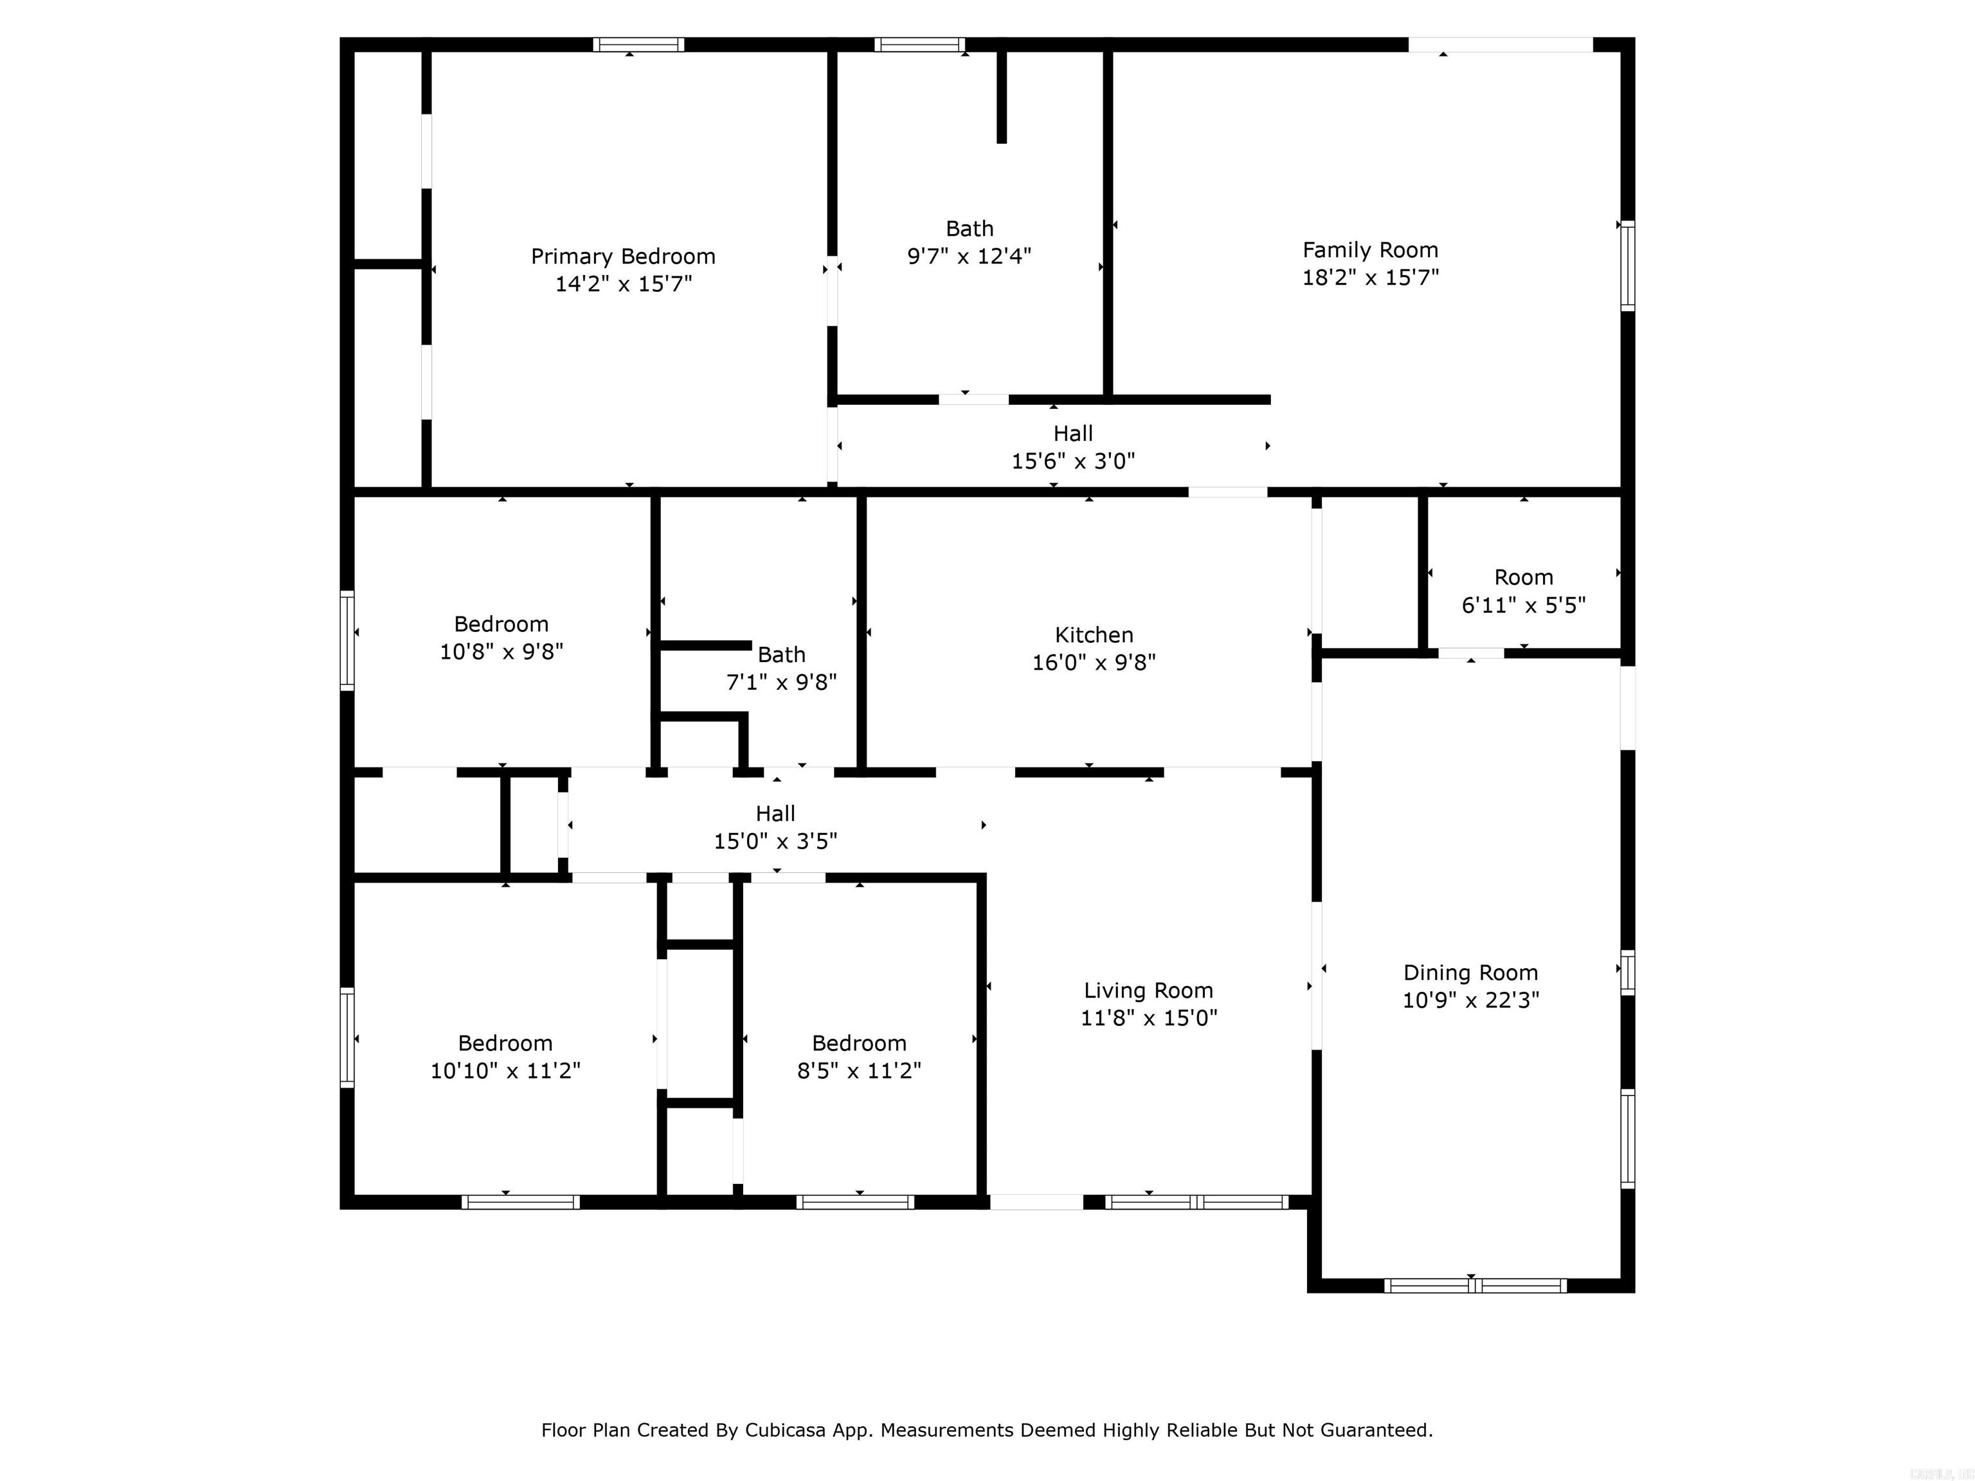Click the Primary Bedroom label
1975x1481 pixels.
point(622,256)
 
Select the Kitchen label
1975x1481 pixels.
point(1094,634)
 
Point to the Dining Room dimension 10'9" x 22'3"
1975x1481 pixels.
point(1470,1000)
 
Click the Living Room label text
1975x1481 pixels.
point(1148,990)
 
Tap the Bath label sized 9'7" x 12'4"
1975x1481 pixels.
point(969,229)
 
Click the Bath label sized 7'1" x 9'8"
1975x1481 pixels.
point(781,654)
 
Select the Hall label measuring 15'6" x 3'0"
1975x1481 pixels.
point(1072,434)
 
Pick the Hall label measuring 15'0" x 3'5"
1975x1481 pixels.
point(775,813)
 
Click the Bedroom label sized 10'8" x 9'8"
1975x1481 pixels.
point(501,624)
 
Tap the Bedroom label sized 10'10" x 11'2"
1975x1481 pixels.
point(505,1043)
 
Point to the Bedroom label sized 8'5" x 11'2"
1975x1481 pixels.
point(859,1043)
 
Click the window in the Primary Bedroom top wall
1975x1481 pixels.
point(638,44)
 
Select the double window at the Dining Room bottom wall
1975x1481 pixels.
point(1475,1286)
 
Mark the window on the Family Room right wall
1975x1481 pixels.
point(1627,265)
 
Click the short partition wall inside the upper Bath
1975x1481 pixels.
point(1002,96)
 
